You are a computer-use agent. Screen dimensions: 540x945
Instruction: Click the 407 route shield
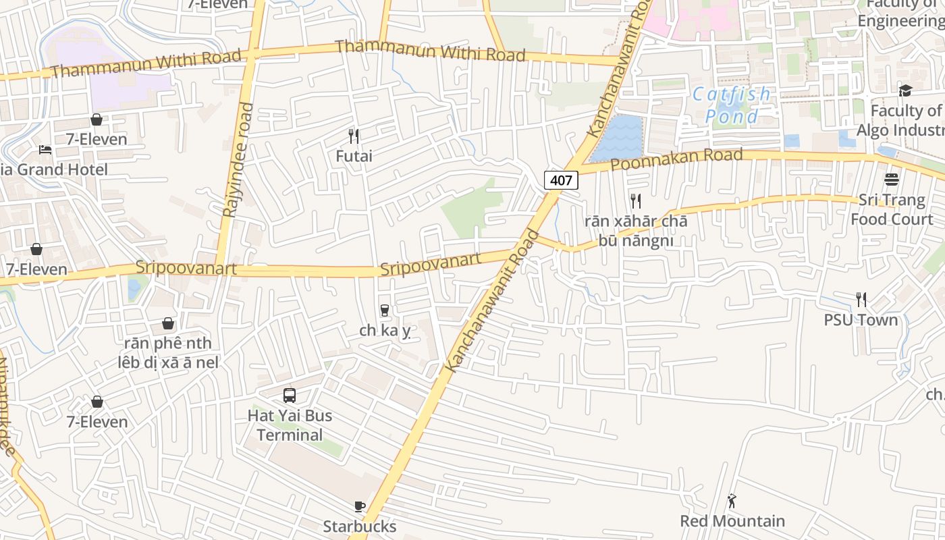[561, 180]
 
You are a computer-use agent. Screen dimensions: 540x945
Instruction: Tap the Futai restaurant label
[354, 156]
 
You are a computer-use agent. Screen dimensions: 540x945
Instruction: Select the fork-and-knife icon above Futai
[354, 136]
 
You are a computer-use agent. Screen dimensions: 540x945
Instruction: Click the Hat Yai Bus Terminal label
[290, 425]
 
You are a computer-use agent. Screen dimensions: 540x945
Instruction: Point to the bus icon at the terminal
[290, 396]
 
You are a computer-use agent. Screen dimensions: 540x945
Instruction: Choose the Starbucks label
[359, 526]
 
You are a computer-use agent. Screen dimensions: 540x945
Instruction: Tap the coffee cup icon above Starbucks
[360, 506]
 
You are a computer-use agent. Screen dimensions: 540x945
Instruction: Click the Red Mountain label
[732, 521]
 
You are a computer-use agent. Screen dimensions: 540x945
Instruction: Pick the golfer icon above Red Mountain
[732, 501]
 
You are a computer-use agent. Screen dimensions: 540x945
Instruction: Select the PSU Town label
[861, 320]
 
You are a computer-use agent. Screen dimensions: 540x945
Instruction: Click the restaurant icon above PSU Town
[861, 299]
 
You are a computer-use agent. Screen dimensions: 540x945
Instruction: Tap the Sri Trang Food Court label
[892, 210]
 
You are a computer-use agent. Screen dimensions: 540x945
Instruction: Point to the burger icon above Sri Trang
[892, 180]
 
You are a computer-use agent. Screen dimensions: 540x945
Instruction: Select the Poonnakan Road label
[676, 160]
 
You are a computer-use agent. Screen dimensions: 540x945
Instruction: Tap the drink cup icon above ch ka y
[385, 310]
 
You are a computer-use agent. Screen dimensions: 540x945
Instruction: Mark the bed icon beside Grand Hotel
[45, 150]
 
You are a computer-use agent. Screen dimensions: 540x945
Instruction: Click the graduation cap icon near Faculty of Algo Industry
[905, 90]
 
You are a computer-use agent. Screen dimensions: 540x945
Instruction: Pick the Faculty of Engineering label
[901, 13]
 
